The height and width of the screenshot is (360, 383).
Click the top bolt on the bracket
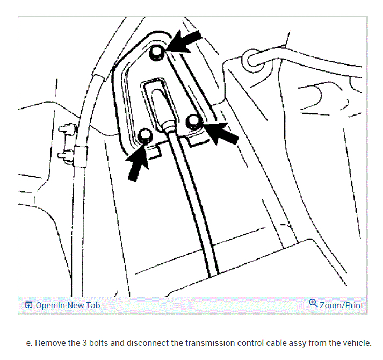pos(156,52)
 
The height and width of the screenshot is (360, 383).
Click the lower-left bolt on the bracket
pos(144,136)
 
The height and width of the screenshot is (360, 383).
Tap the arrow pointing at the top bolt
pos(186,42)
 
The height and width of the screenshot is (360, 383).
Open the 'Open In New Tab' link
pos(68,305)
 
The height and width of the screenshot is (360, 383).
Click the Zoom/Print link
pos(341,305)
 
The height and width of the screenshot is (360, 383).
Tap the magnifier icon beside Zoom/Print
pos(314,304)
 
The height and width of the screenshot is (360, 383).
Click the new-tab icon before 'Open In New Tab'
pos(28,305)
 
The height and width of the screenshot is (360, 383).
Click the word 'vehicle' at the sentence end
pos(357,343)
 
